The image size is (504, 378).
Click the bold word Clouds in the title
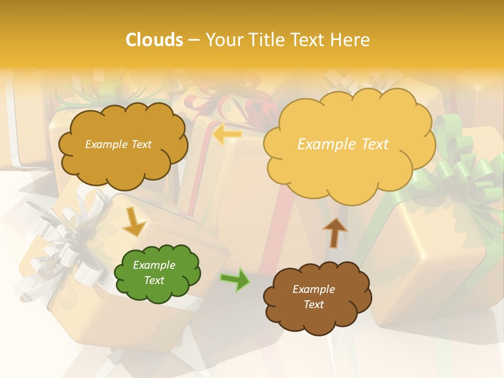(x=154, y=40)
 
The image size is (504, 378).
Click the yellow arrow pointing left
(x=227, y=135)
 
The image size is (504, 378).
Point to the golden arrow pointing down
(x=134, y=221)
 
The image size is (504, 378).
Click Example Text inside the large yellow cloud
(x=343, y=144)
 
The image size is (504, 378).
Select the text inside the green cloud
(x=154, y=273)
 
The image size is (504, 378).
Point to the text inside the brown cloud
(x=313, y=297)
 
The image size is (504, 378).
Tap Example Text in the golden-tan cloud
(x=118, y=144)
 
